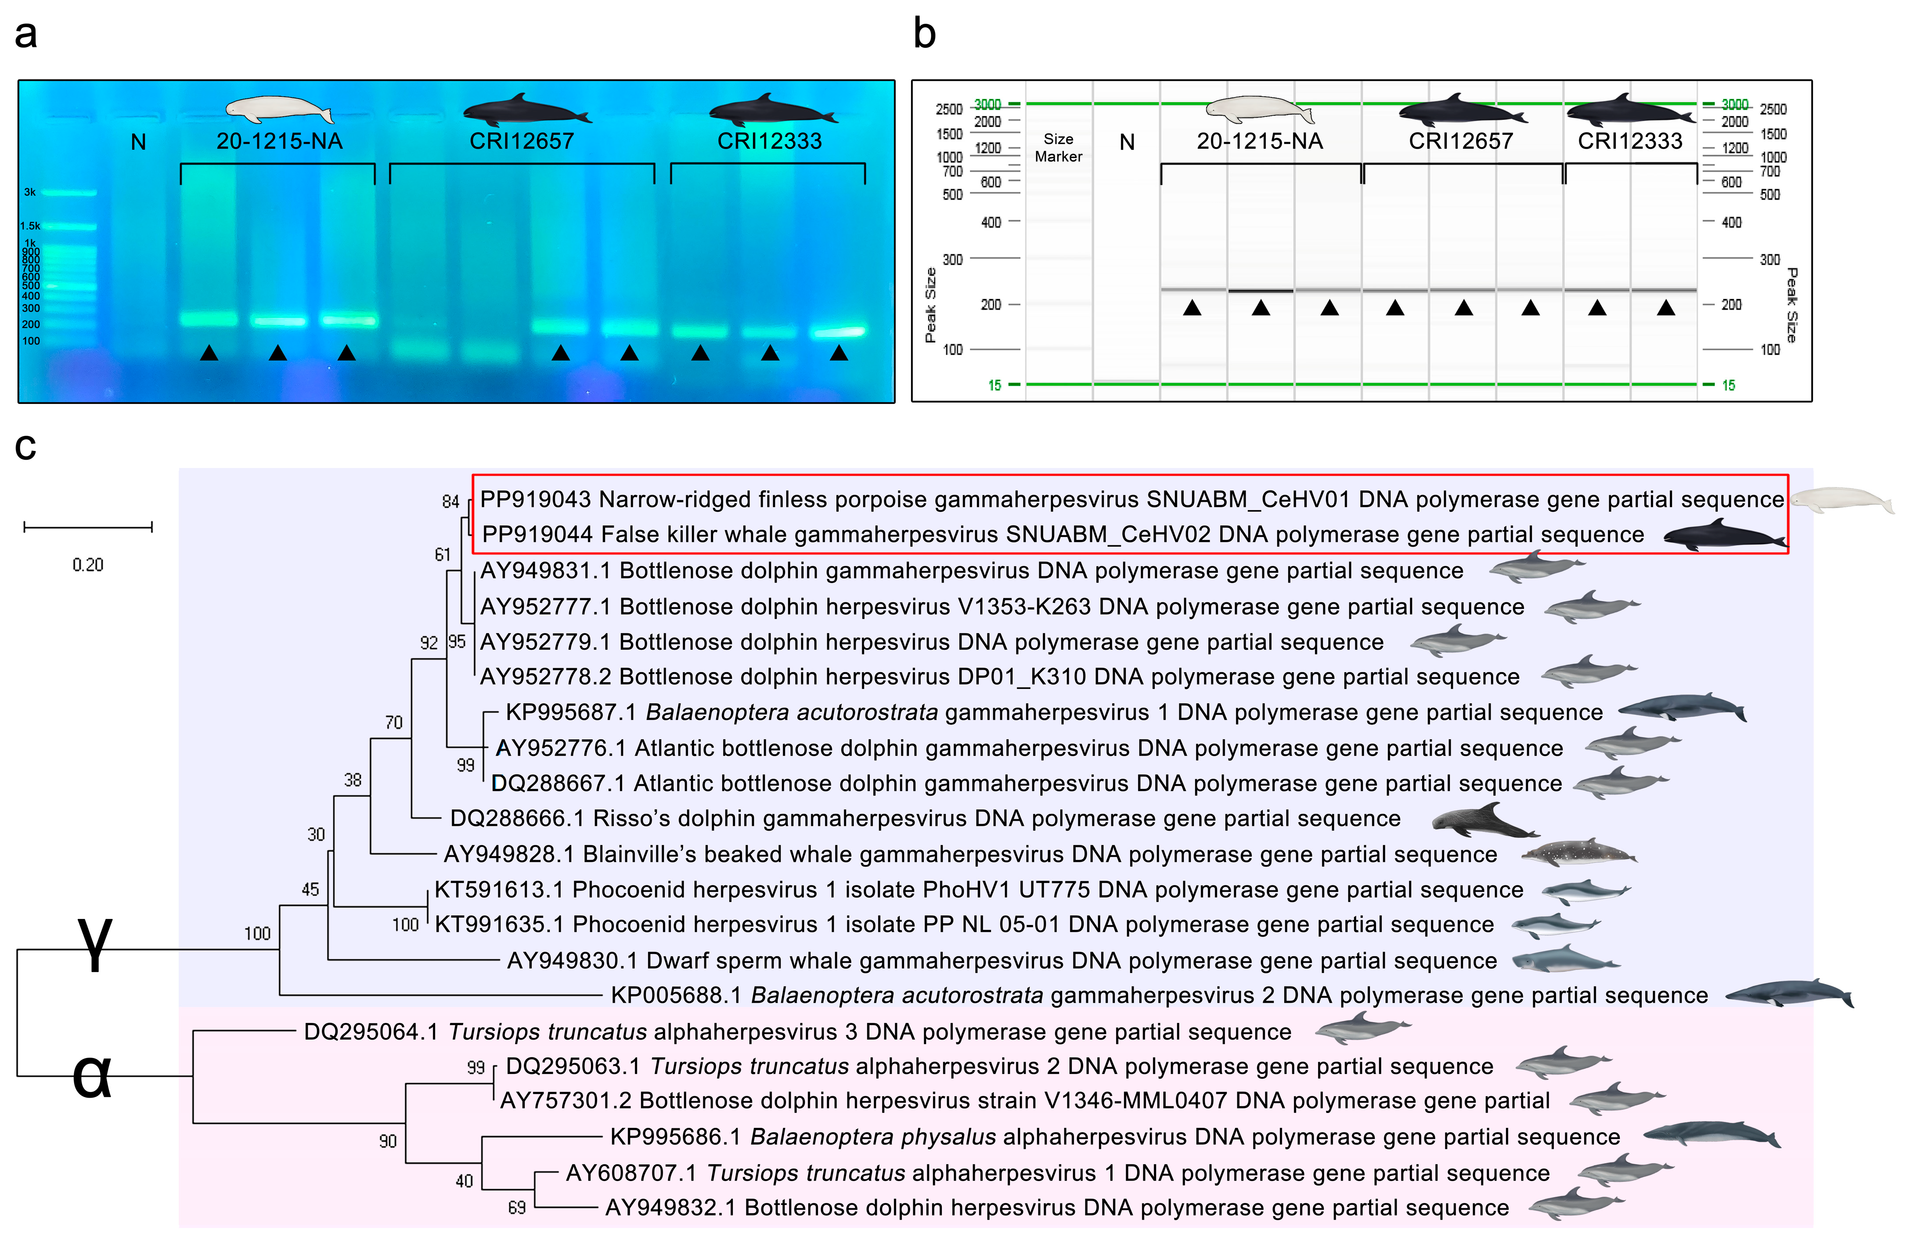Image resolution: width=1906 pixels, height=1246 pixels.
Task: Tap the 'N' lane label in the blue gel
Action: (x=139, y=143)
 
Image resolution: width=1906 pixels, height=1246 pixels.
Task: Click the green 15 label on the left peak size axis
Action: (x=994, y=385)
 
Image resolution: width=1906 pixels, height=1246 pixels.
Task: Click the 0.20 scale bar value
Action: (x=88, y=565)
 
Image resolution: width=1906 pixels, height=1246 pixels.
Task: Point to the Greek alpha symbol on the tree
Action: (x=91, y=1076)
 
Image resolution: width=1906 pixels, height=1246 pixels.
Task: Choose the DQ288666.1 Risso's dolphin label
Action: (x=925, y=818)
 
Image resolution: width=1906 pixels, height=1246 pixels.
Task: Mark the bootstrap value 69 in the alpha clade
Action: (x=516, y=1207)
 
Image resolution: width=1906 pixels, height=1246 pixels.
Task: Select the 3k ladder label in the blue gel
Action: (x=29, y=192)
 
